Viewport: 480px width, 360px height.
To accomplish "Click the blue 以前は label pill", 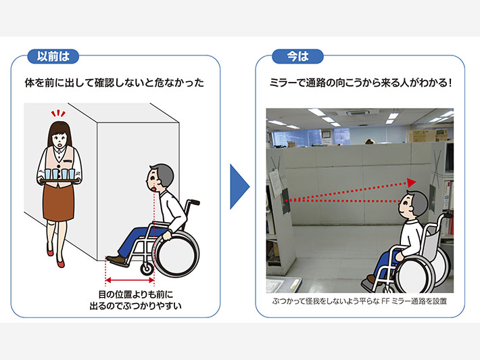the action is pos(53,56).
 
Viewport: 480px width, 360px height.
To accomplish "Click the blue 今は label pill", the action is pos(297,56).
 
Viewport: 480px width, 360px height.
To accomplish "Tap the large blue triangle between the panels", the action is pos(239,187).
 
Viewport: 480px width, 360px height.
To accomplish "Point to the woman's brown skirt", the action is pos(58,202).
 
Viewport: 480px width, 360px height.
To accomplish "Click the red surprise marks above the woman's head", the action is pos(58,114).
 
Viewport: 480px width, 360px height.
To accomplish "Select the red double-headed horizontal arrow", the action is pos(130,280).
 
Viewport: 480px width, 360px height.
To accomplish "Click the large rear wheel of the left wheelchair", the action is pos(176,254).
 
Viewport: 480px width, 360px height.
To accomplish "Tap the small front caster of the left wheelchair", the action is pos(147,269).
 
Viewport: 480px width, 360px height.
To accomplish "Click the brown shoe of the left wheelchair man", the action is pos(116,261).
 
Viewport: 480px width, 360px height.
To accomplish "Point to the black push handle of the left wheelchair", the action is pos(194,202).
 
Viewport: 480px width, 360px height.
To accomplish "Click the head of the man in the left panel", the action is pos(160,178).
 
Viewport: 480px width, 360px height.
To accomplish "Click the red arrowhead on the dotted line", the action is pos(412,183).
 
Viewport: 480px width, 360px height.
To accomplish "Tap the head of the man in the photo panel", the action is pos(412,204).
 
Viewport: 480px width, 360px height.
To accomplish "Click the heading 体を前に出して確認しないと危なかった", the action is pos(114,83).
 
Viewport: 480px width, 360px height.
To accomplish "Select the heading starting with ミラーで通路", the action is pos(360,83).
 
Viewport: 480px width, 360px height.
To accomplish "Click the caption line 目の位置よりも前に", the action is pos(136,295).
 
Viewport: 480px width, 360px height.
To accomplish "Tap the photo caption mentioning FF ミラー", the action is pos(360,302).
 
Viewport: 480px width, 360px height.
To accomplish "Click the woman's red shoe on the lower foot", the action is pos(60,263).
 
